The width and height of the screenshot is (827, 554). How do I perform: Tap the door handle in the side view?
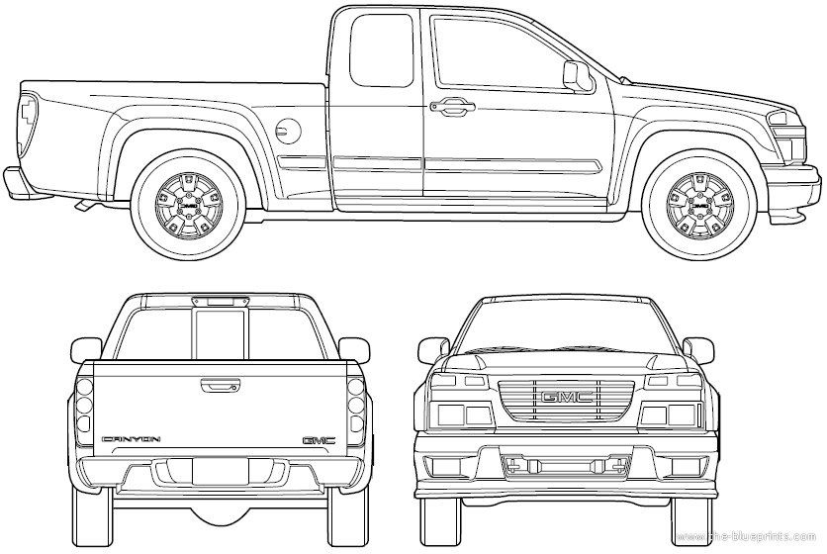pos(451,105)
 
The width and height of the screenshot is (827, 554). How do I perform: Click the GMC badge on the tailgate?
pos(319,439)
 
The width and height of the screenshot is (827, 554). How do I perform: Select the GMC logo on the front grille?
pos(566,399)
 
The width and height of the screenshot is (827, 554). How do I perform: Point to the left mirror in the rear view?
pos(87,348)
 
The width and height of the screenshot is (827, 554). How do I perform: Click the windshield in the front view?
pos(566,326)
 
